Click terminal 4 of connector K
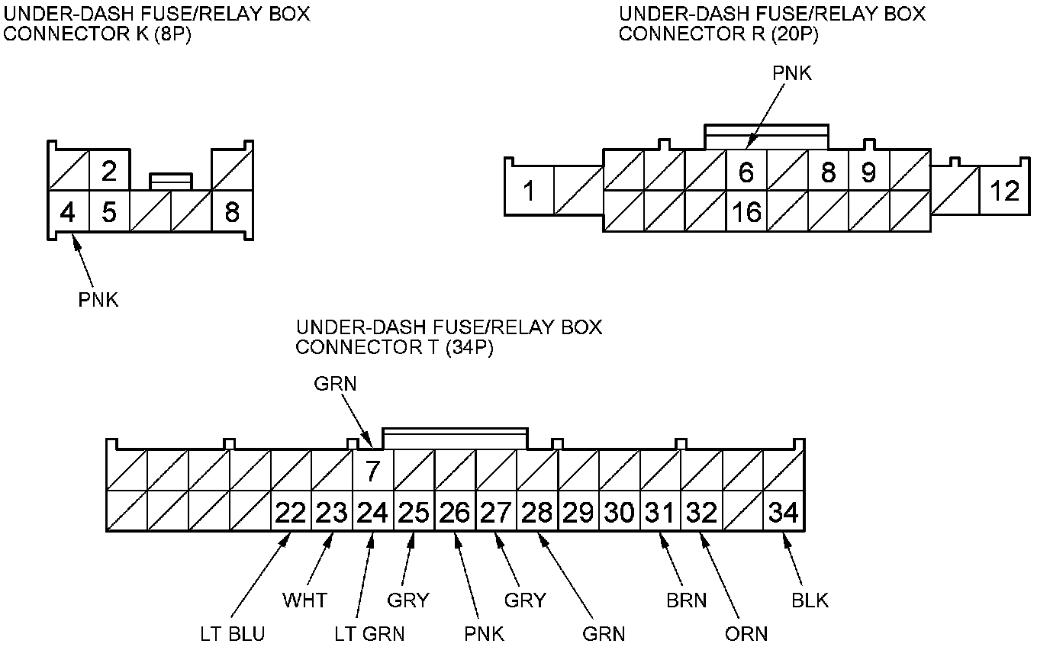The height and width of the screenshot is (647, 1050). click(68, 211)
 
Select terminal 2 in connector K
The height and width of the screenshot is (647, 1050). click(109, 171)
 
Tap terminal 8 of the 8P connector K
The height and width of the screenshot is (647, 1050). click(232, 211)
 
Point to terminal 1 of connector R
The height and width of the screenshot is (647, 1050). click(529, 191)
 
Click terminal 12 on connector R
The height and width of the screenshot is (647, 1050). click(1005, 191)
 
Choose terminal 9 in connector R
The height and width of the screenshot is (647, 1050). click(868, 172)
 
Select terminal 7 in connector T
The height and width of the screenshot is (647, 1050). click(372, 472)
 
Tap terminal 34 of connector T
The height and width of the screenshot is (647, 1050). click(784, 512)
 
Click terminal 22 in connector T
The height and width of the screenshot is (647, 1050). click(291, 512)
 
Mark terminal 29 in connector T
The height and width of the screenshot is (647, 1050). click(578, 512)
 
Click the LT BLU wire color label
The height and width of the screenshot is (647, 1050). click(233, 634)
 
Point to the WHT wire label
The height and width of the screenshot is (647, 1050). click(304, 600)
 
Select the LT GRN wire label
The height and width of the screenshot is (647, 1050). click(370, 634)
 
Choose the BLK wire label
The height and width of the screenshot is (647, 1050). click(810, 600)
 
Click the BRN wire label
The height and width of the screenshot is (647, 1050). click(686, 600)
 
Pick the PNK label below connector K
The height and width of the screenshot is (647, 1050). click(98, 300)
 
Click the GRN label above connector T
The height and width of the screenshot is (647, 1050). click(335, 384)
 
